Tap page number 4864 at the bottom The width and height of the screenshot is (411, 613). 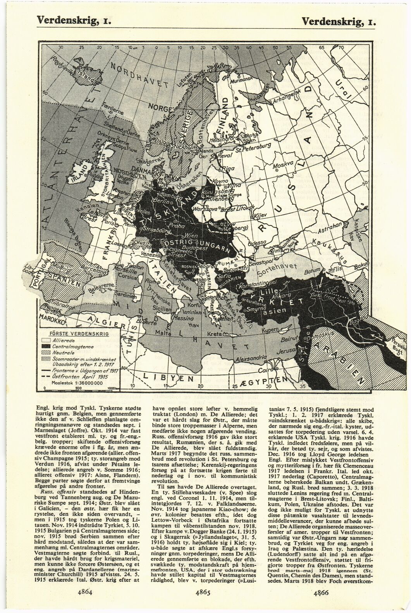[x=84, y=592]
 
